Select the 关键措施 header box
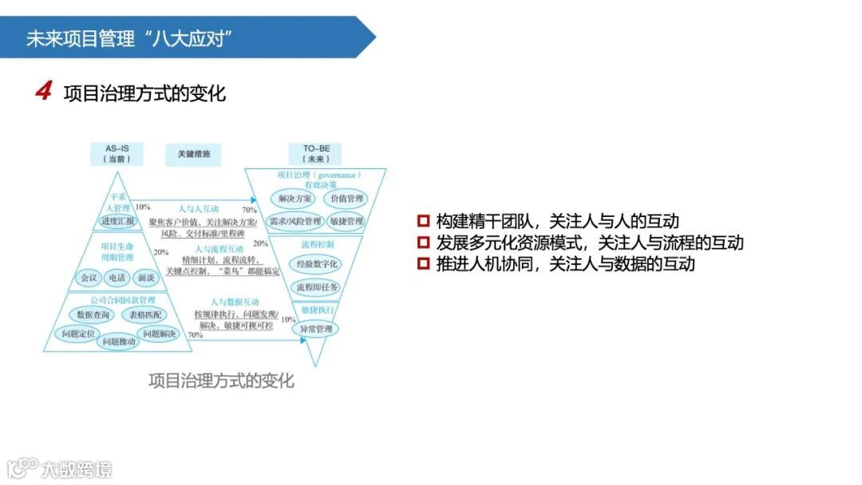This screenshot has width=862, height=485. point(193,154)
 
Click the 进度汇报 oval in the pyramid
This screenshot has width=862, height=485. point(118,220)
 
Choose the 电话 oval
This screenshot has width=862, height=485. point(117,278)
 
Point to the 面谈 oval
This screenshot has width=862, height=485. point(145,278)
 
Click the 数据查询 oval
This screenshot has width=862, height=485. point(93,314)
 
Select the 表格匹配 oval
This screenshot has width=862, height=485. point(144,314)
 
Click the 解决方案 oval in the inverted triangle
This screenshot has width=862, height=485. point(293,198)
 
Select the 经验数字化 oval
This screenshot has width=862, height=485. point(317,263)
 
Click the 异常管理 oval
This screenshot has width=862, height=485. point(316,329)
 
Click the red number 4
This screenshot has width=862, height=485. point(43,93)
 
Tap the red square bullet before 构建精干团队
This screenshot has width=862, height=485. point(423,221)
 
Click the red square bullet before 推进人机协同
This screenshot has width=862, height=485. point(423,264)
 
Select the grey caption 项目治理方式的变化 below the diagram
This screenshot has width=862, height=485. point(221,381)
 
